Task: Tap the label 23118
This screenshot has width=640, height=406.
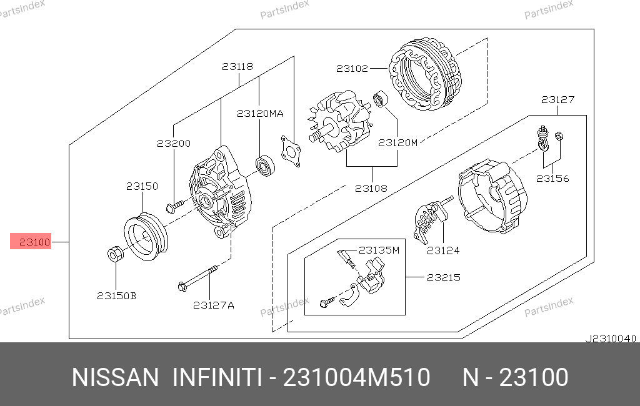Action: click(x=237, y=66)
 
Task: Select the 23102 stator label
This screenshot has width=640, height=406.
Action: click(x=352, y=68)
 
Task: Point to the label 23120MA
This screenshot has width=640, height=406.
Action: click(x=260, y=114)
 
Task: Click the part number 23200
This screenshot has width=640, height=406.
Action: click(x=174, y=143)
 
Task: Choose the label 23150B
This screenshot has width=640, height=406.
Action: click(x=116, y=295)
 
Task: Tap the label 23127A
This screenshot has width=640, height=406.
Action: click(x=214, y=305)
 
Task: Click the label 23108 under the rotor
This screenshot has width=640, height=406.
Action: click(x=371, y=188)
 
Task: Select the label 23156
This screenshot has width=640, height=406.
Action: click(x=552, y=178)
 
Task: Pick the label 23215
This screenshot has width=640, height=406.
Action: click(x=444, y=277)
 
